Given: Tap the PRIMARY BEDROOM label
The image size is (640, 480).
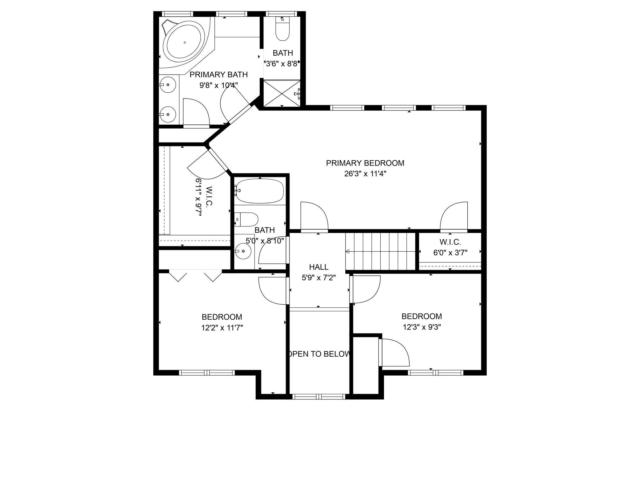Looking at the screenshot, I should click(x=365, y=163).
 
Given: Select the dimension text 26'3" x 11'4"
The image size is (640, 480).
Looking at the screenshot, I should click(x=365, y=174).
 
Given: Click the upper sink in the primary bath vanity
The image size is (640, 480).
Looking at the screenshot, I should click(x=168, y=85).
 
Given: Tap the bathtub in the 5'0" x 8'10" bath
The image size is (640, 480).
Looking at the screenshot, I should click(x=260, y=191).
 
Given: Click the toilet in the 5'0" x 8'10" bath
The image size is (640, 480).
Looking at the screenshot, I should click(x=248, y=219).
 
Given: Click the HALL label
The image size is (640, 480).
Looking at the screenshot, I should click(x=318, y=267).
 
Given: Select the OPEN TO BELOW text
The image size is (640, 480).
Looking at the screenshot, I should click(x=319, y=354).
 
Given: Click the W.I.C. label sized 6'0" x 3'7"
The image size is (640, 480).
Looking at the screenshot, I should click(x=450, y=242).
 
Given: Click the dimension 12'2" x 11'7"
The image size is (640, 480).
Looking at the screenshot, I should click(x=222, y=328).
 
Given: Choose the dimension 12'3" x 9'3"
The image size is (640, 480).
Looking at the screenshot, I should click(x=422, y=327).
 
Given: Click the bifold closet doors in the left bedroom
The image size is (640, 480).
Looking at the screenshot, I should click(x=195, y=275).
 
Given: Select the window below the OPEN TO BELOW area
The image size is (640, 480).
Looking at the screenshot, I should click(x=319, y=396).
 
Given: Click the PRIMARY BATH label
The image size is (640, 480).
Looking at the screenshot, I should click(x=218, y=74).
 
